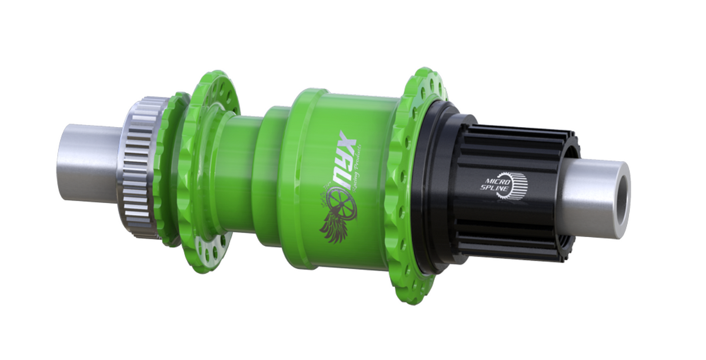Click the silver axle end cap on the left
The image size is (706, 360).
point(88,162)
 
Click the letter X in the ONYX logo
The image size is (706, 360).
point(346,143)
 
